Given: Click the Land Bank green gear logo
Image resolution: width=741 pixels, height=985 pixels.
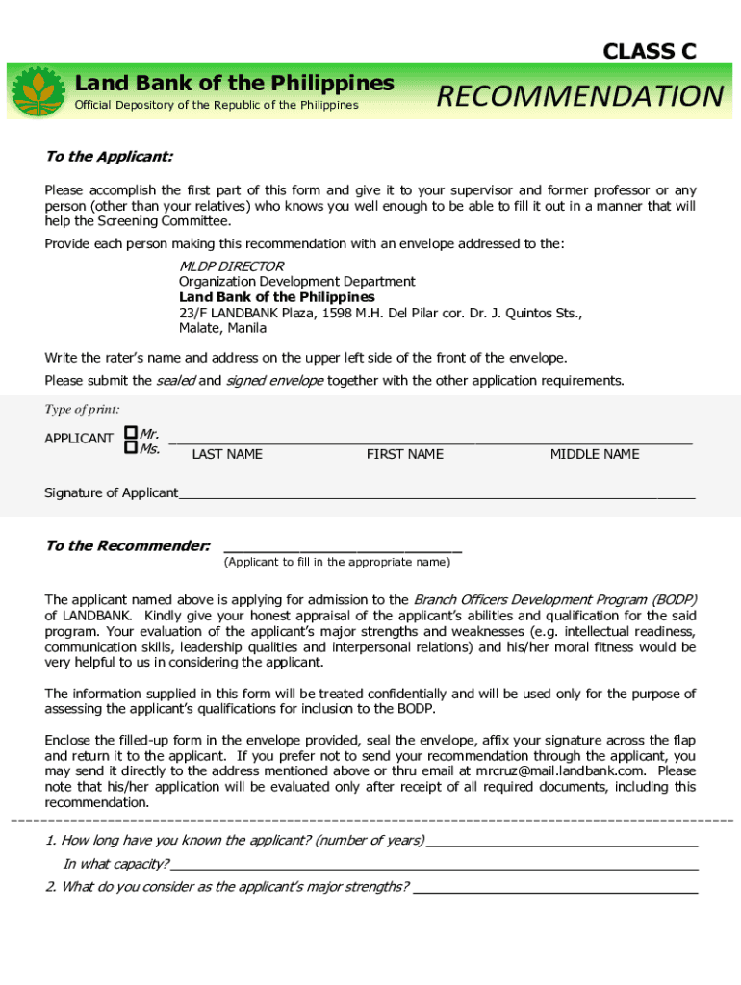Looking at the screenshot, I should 38,92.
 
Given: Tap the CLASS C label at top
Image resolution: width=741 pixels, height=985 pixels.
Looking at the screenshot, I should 650,52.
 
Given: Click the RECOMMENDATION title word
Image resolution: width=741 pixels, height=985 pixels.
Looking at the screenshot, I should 579,97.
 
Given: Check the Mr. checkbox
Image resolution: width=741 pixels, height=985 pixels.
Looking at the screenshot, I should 130,434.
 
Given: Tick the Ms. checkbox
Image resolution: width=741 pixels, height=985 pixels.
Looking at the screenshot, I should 130,448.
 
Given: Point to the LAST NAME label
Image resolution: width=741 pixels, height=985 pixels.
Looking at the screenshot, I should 227,454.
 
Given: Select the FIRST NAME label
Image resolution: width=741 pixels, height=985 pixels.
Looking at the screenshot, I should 404,454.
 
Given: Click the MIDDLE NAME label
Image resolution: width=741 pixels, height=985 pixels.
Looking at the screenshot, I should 594,454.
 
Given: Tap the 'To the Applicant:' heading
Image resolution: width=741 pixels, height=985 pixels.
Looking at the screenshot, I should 109,157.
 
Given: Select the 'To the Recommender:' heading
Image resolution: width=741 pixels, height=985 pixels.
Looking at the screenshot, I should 128,546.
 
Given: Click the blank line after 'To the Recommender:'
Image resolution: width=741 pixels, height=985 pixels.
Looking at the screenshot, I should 342,549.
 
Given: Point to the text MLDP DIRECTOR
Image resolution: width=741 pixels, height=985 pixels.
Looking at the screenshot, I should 231,265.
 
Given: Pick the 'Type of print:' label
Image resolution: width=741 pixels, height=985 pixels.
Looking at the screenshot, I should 82,410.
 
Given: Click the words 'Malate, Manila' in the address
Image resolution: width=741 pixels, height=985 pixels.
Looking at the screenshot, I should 222,328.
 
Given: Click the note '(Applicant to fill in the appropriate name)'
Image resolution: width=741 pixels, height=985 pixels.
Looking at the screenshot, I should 336,562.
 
